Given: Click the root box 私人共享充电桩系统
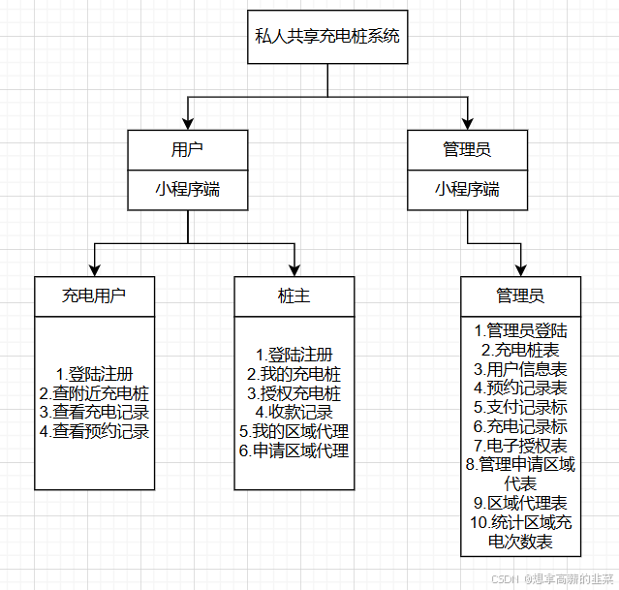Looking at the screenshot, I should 327,38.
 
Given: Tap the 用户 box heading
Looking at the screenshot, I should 187,150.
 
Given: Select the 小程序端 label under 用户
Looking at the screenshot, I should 187,189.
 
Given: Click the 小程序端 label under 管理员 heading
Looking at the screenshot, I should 467,189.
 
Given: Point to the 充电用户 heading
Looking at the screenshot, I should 94,295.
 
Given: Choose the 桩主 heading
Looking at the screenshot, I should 294,295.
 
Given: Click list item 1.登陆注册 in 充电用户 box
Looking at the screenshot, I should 94,374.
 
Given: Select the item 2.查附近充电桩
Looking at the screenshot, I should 94,393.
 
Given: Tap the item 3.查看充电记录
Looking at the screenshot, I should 94,412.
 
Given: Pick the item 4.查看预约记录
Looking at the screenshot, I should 94,431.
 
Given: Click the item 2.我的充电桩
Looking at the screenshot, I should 294,374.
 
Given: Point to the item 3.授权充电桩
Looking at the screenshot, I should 294,393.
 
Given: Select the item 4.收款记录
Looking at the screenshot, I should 294,412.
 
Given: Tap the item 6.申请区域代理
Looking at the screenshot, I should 294,450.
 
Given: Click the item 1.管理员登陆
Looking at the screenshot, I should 520,330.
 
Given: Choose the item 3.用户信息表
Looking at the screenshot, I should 520,369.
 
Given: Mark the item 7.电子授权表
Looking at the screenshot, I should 520,446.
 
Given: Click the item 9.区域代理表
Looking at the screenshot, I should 520,504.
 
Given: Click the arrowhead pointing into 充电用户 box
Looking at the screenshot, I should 94,270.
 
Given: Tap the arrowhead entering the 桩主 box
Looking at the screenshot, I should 294,270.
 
